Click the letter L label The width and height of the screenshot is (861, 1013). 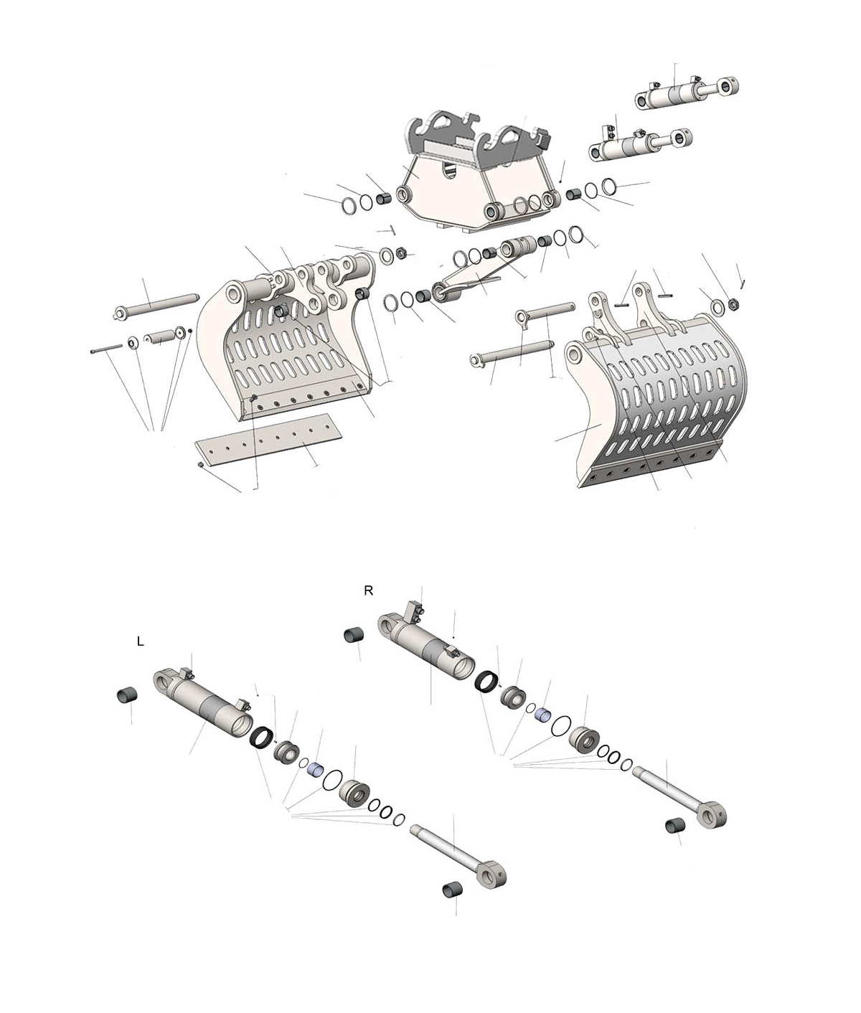click(x=140, y=641)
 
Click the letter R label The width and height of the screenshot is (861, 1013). click(x=369, y=591)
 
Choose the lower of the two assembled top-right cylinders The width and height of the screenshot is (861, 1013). click(x=641, y=143)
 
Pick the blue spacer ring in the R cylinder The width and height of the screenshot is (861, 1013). click(x=542, y=715)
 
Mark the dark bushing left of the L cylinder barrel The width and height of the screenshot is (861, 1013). click(x=126, y=695)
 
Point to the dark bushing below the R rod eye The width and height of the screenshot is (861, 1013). click(x=674, y=825)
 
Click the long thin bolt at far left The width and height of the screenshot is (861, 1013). click(x=106, y=349)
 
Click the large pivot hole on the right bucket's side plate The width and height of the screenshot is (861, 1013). click(x=574, y=353)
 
